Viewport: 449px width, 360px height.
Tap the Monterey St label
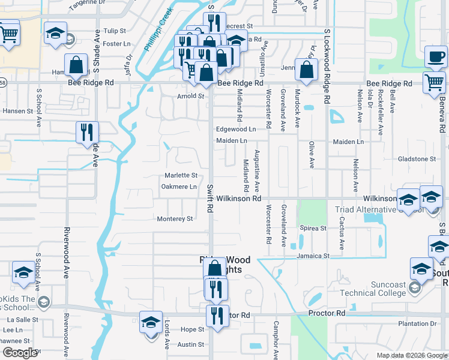tap(175, 219)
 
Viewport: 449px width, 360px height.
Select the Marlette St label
tap(181, 175)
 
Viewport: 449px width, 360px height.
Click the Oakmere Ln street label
tap(179, 187)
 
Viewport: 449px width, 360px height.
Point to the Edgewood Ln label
tap(236, 129)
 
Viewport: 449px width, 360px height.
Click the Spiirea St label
tap(313, 228)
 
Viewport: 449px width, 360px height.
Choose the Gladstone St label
tap(417, 159)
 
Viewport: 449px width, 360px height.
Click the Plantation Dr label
tap(420, 323)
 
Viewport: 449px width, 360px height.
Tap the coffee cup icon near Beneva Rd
tap(436, 58)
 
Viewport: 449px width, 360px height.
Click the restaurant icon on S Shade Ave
tap(87, 132)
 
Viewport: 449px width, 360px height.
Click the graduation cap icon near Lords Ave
tap(151, 322)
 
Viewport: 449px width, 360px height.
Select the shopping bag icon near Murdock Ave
tap(306, 69)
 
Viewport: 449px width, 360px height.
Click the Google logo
tap(20, 353)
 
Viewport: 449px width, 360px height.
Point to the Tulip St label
tap(115, 31)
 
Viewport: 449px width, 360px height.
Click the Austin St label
tap(191, 344)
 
